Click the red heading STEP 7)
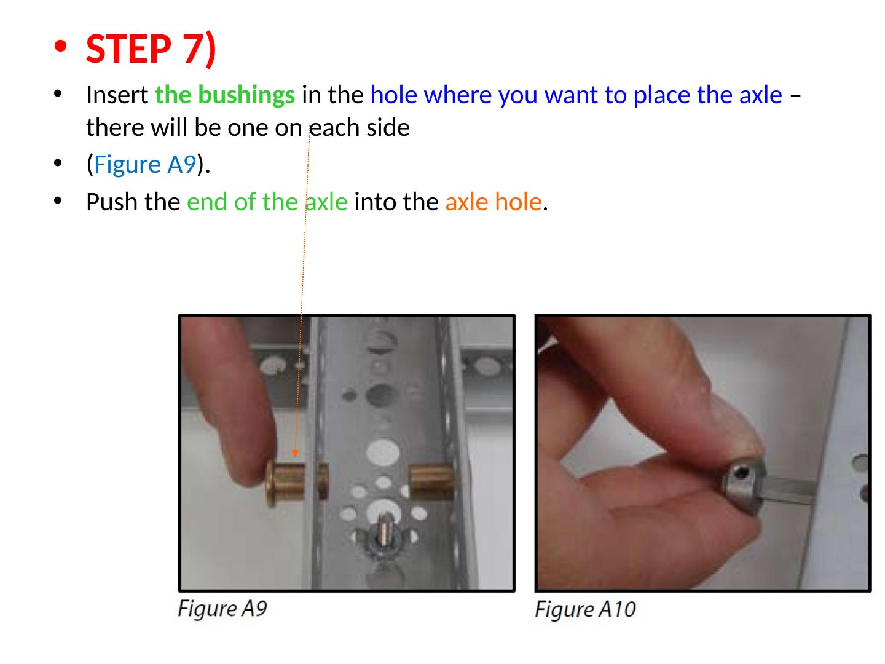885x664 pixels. [151, 49]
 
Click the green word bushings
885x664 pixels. [246, 95]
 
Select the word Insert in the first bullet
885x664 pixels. [117, 95]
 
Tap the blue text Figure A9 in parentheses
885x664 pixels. [145, 165]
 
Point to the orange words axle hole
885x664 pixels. [494, 202]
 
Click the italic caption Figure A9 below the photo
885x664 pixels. [222, 609]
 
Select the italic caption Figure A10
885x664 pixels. [585, 609]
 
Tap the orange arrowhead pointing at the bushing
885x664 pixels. [295, 453]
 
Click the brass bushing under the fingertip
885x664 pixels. [296, 483]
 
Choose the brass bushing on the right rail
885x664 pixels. [431, 481]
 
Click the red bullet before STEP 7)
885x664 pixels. [60, 46]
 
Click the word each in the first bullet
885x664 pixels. [334, 128]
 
